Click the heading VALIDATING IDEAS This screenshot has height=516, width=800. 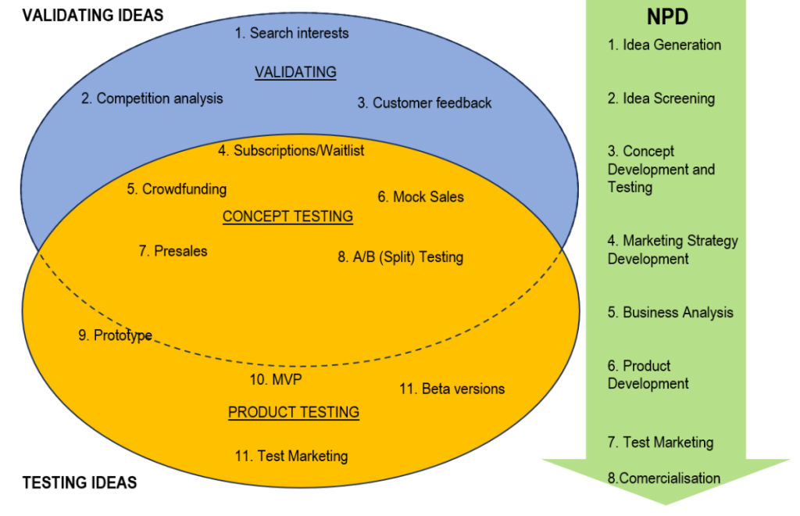pos(93,15)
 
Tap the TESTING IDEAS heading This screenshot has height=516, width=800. pos(79,482)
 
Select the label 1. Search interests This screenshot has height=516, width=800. pos(291,33)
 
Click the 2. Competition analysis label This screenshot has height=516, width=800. pos(152,99)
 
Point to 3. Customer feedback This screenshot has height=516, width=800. pos(424,102)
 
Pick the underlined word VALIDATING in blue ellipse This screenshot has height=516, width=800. pos(295,72)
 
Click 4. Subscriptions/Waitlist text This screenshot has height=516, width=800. pos(291,150)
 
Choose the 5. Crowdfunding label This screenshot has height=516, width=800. pos(177,189)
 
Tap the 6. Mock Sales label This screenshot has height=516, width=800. pos(420,197)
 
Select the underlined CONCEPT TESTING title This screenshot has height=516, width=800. pos(287,217)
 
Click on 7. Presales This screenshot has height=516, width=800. pos(173,251)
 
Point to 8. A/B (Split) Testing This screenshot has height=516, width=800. pos(401,256)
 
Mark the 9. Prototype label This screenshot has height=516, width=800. pos(115,335)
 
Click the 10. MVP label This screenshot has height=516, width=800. pos(275,379)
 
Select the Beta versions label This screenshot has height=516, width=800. pos(452,389)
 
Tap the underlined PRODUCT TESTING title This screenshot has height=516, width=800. pos(294,412)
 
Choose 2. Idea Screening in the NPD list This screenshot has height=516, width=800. pos(661,99)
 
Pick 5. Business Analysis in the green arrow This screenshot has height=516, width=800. pos(670,313)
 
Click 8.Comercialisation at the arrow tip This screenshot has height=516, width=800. pos(664,478)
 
